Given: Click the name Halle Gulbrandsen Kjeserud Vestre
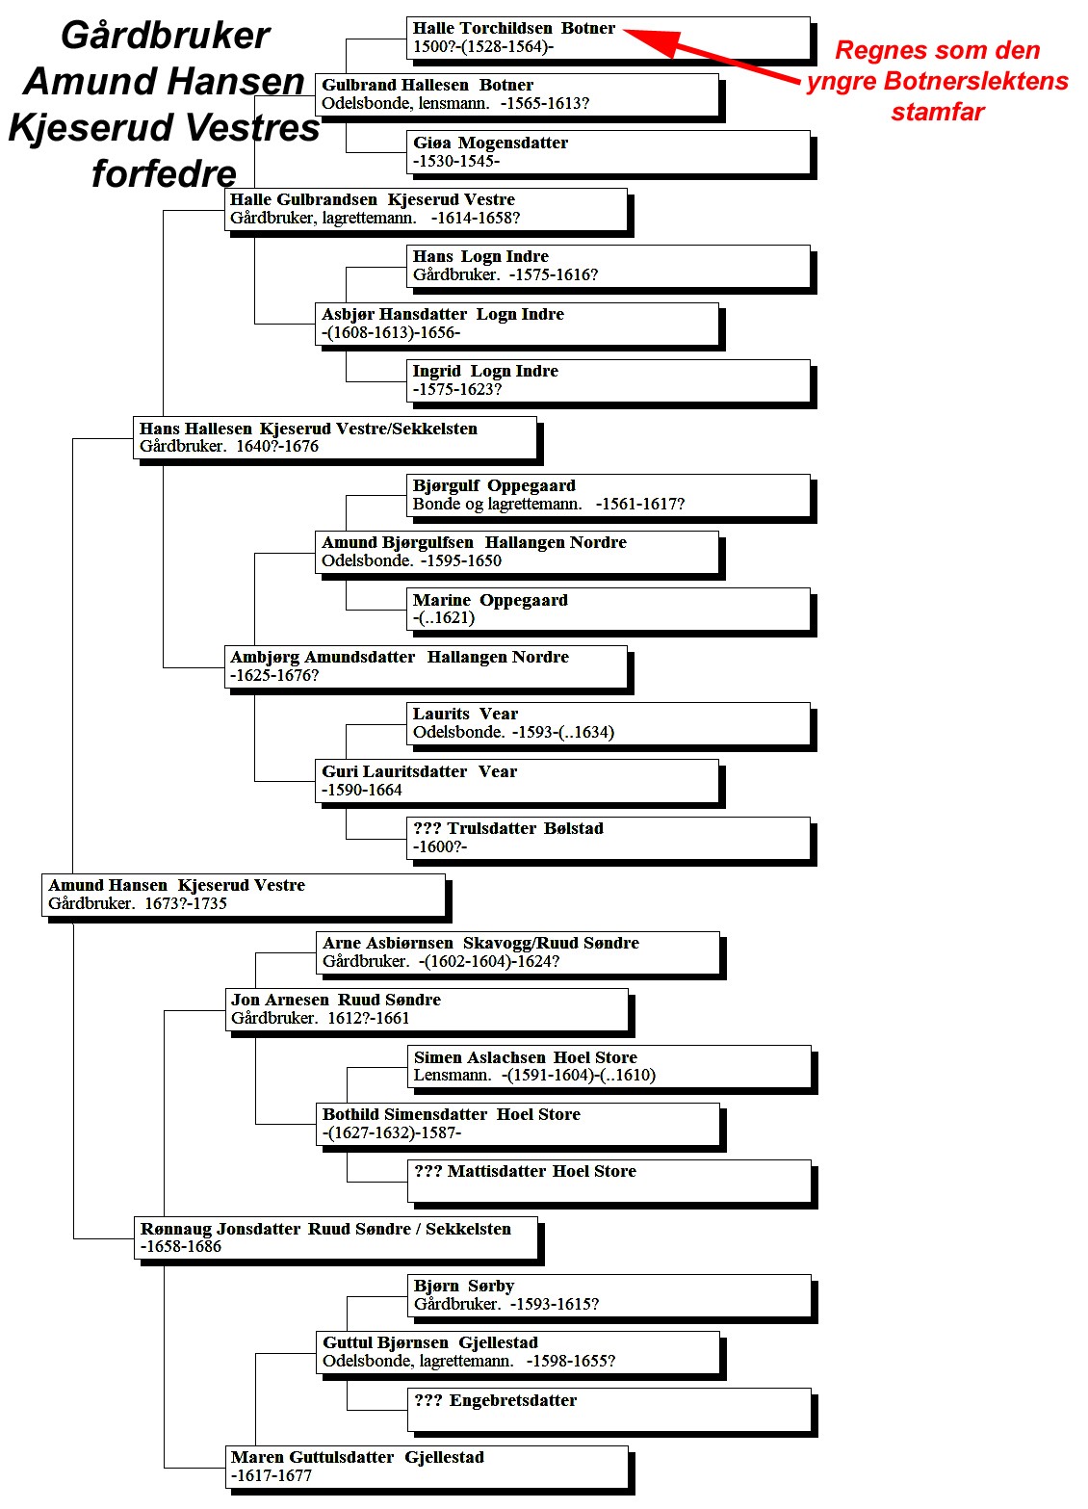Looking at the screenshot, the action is [x=373, y=199].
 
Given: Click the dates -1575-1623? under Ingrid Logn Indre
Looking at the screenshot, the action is [x=457, y=389].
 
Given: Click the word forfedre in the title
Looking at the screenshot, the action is [x=164, y=173].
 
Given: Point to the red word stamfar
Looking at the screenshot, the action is [x=937, y=112].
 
